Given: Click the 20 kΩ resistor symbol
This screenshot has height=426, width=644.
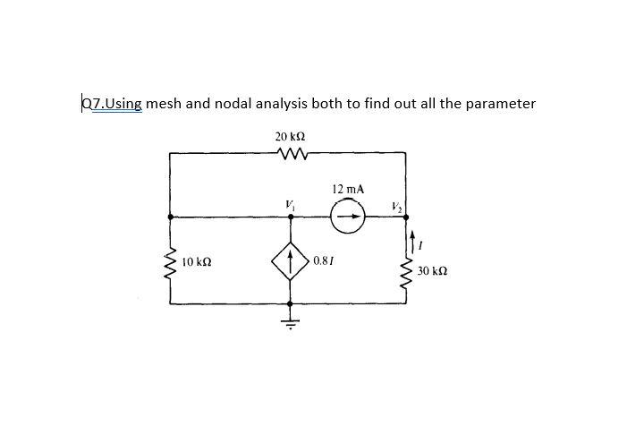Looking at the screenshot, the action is (292, 155).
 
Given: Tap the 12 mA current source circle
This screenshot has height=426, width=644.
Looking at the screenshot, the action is (346, 217).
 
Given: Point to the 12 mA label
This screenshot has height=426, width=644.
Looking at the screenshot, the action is (347, 190).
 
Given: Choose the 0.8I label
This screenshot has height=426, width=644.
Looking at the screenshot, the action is (324, 260).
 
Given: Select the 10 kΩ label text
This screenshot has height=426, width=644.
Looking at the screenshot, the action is (196, 262).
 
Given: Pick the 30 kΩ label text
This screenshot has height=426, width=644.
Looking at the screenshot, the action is (434, 270).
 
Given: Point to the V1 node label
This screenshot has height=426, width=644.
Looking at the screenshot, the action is (289, 204).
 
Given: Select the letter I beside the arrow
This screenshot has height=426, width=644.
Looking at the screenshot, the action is (423, 242).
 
